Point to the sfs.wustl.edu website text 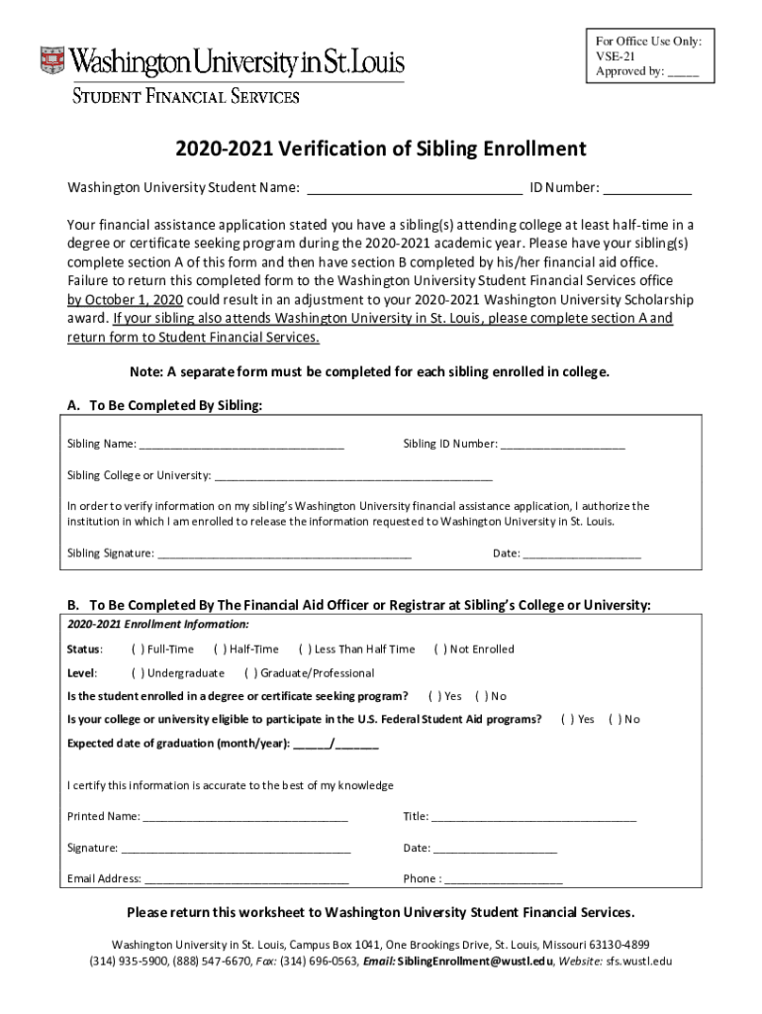638,962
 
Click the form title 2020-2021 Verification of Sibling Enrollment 381,150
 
